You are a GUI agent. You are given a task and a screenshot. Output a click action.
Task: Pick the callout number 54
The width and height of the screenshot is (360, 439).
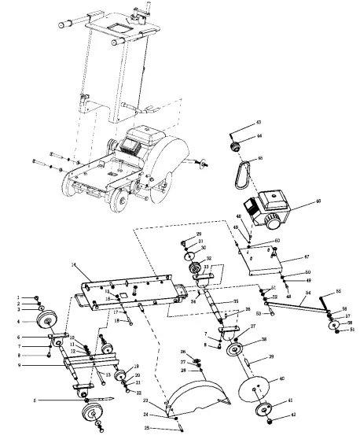pos(308,293)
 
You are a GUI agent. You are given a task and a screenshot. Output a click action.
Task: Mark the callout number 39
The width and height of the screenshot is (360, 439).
pos(271,356)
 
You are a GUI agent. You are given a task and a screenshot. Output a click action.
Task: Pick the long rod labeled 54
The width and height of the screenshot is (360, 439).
pos(296,308)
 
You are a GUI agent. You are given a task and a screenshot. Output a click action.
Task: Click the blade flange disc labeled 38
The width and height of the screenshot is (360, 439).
pos(233,349)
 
